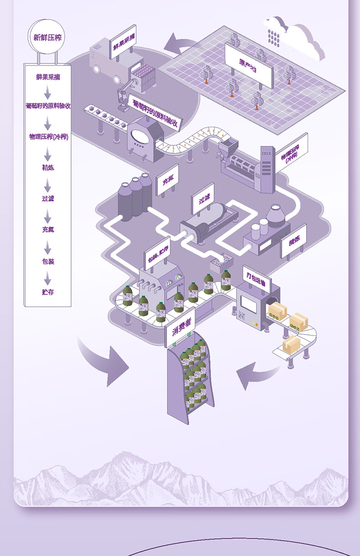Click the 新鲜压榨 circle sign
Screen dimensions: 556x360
click(x=46, y=37)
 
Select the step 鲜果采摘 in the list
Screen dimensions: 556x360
click(x=47, y=77)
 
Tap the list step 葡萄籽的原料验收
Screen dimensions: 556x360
click(x=48, y=106)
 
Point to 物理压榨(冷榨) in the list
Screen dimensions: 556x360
click(x=48, y=136)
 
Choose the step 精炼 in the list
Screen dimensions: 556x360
click(x=48, y=168)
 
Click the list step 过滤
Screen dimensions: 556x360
click(x=48, y=199)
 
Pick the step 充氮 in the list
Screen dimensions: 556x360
click(x=48, y=230)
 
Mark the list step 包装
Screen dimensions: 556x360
click(x=48, y=261)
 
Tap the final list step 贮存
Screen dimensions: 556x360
click(x=48, y=292)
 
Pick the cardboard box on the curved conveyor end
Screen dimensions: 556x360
click(x=292, y=344)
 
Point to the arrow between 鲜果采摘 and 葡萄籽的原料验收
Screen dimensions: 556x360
click(x=48, y=93)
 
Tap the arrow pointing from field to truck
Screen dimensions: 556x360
click(x=180, y=44)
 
